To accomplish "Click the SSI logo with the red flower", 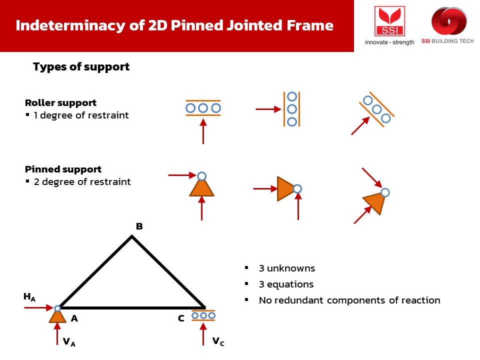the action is [x=389, y=21].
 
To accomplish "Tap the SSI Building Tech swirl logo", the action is [x=449, y=21].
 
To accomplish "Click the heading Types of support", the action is [x=81, y=66].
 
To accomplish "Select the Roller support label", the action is [x=60, y=103].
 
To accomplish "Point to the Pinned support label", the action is [x=63, y=169].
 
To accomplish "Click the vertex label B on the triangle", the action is [x=139, y=226].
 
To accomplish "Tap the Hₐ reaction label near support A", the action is [x=29, y=297].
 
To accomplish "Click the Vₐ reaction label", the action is [x=69, y=342].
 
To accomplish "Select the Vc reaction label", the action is [x=218, y=341].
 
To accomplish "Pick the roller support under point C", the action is [x=203, y=315].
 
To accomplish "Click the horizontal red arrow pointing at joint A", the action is [x=38, y=307].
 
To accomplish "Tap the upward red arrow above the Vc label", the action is [x=203, y=334].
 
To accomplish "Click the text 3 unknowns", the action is [x=287, y=268].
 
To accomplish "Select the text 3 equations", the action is [x=286, y=284].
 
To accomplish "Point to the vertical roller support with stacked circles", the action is [x=291, y=109].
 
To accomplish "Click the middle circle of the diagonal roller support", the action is [x=377, y=109].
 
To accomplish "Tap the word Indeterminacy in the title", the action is [x=70, y=25].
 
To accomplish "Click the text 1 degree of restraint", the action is [x=81, y=115].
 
